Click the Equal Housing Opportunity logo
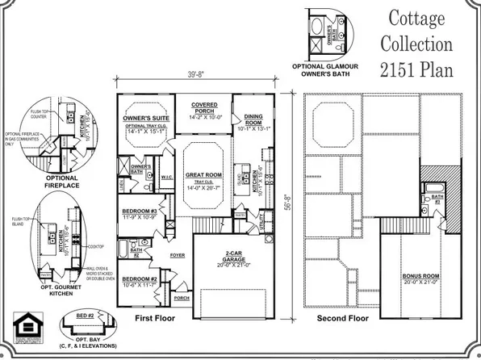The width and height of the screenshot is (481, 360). (22, 329)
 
